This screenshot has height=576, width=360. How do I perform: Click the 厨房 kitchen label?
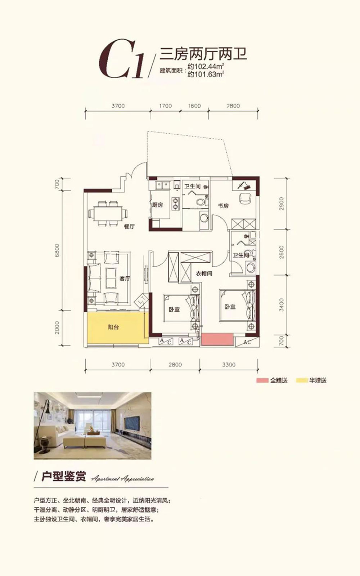[157, 205]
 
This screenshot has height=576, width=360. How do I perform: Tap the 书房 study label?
[223, 206]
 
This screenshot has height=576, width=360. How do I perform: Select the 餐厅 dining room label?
[129, 227]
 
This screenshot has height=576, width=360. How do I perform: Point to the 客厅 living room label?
[125, 278]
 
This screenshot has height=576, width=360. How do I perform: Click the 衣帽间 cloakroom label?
[204, 273]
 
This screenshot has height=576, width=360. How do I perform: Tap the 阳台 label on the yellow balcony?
[113, 327]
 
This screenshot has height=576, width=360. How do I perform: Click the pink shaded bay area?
[217, 340]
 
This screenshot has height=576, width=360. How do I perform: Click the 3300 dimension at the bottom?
[229, 365]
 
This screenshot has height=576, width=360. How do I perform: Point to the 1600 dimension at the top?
[194, 106]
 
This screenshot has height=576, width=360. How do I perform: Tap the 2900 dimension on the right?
[282, 204]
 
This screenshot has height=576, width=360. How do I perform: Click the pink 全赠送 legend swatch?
[262, 380]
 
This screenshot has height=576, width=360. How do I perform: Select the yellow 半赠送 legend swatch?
[301, 380]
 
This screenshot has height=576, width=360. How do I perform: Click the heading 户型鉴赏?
[63, 477]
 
